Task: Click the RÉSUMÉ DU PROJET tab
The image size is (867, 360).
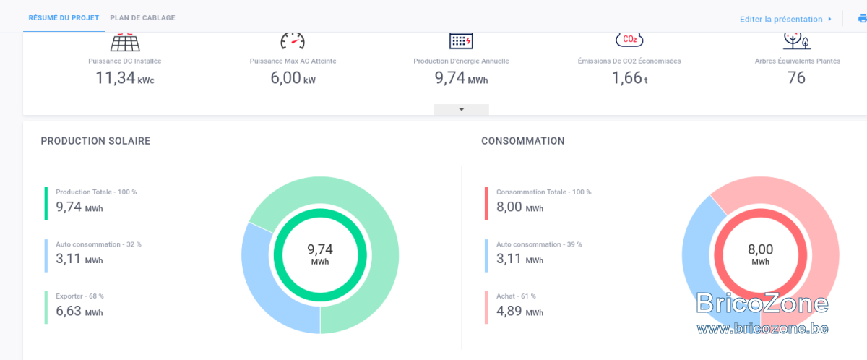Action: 64,18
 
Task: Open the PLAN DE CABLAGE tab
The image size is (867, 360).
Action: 142,18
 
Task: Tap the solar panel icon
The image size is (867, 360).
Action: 125,42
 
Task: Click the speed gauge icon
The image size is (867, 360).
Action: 293,41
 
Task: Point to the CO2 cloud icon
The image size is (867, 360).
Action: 629,40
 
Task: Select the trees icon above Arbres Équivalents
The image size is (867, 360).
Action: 797,41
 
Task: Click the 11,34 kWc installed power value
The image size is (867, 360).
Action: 125,78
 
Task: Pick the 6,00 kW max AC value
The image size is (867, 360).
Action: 293,78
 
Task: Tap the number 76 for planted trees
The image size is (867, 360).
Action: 796,78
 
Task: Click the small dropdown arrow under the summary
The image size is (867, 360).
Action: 462,110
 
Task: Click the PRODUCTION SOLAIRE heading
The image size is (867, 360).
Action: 95,141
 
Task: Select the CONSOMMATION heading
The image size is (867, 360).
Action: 523,141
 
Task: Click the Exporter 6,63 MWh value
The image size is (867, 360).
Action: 79,311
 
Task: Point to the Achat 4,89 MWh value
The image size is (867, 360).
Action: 519,311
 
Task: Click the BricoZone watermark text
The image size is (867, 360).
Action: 762,303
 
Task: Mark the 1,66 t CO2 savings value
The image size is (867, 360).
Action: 629,78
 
